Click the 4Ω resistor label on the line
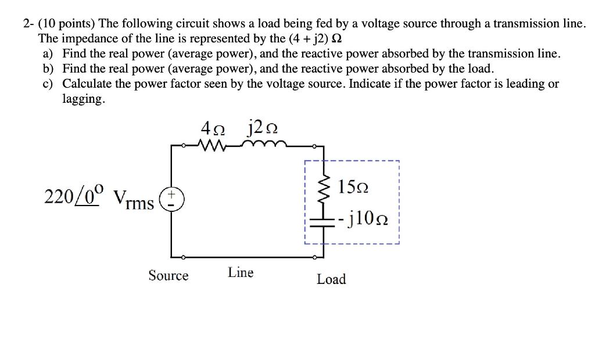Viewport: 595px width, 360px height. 214,127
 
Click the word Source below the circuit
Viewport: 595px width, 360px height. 169,275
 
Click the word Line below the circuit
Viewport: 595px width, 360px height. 241,272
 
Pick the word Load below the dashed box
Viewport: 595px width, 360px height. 331,279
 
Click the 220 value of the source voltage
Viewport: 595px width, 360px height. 56,198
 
